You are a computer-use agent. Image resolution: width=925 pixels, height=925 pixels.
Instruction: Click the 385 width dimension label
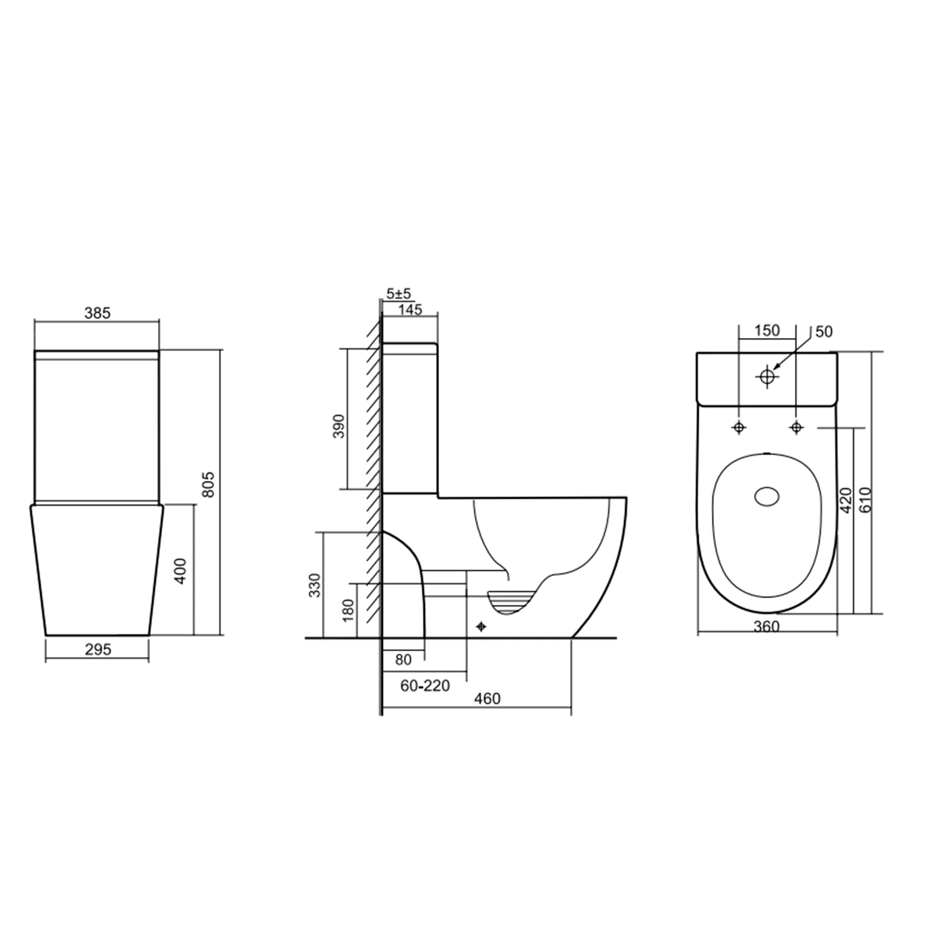click(x=97, y=313)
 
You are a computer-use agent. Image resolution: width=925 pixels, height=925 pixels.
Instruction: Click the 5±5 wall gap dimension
click(x=399, y=294)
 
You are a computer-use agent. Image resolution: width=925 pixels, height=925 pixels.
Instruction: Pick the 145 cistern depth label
click(x=410, y=309)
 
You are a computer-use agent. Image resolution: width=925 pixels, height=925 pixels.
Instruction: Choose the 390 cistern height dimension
click(x=339, y=426)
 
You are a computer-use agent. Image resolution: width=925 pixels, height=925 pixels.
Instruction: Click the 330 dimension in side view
click(x=314, y=585)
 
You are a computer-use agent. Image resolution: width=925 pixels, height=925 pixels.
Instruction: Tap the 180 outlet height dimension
click(x=348, y=610)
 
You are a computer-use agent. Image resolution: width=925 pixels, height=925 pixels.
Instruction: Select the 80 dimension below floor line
click(x=403, y=660)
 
